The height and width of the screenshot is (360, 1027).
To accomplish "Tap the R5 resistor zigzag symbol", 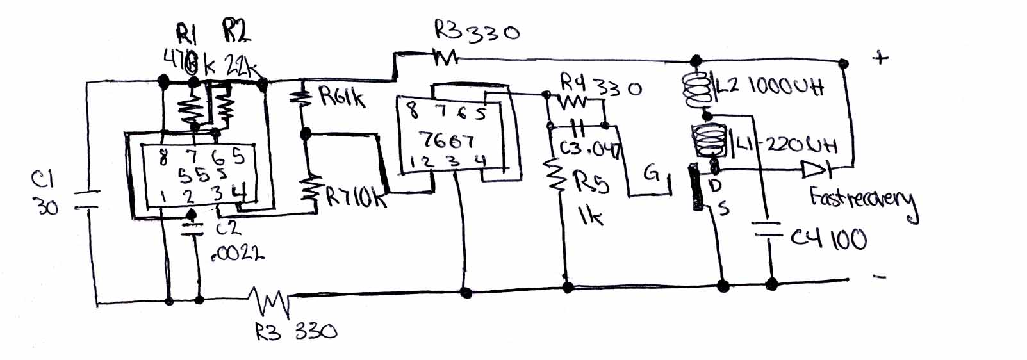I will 556,176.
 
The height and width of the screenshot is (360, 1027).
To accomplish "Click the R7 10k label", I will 356,197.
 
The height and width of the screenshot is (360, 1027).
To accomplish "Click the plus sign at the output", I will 881,58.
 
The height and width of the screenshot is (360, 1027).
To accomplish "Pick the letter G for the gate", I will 652,173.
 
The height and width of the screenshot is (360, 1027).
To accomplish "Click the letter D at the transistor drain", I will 716,185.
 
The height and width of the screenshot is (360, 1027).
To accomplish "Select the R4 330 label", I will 600,85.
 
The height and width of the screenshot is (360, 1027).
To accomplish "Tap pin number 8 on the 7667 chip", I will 413,111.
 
